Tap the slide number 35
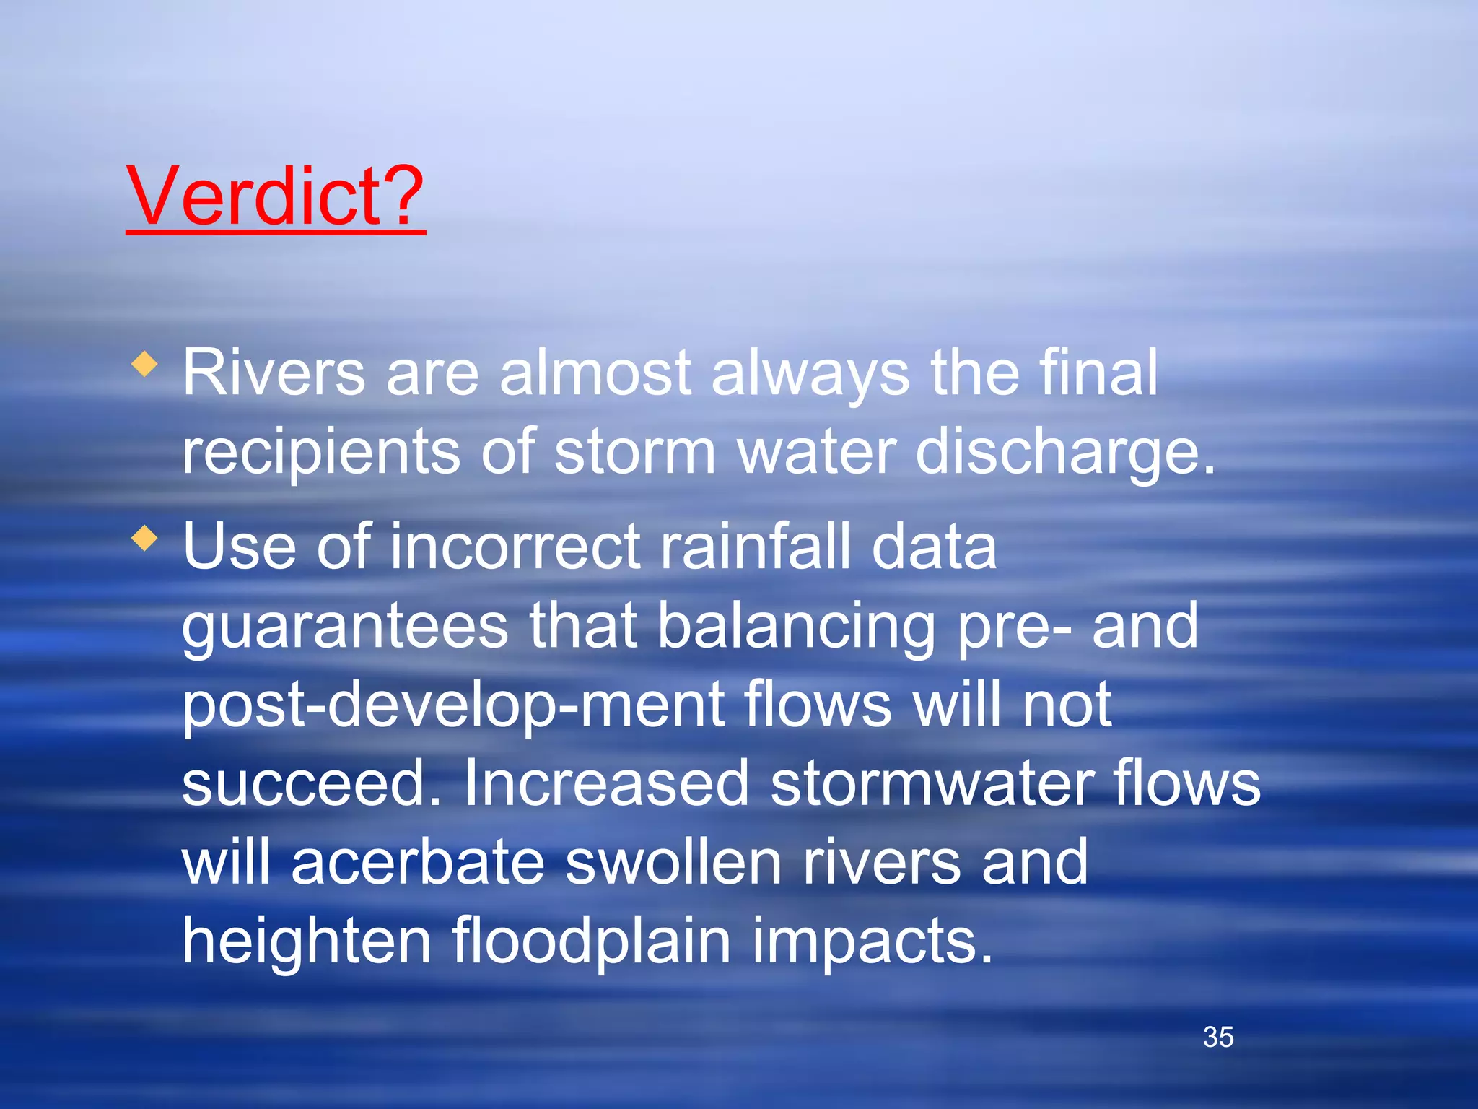click(1218, 1037)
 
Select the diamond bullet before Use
click(145, 538)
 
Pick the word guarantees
click(345, 627)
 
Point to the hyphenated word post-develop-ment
click(453, 706)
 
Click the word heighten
click(306, 941)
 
